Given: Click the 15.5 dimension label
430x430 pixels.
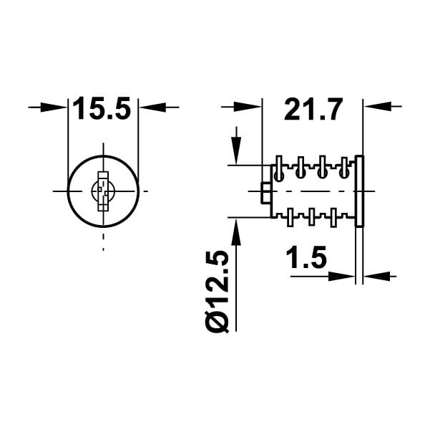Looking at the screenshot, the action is [102, 108].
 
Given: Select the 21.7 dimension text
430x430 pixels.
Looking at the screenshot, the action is [313, 110].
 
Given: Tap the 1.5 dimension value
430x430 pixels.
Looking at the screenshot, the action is [306, 257].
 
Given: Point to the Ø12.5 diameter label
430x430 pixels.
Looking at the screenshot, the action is [217, 292].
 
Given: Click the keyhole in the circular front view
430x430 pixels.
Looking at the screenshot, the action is [103, 191].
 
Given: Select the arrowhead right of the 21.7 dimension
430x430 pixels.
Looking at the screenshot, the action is [376, 106].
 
